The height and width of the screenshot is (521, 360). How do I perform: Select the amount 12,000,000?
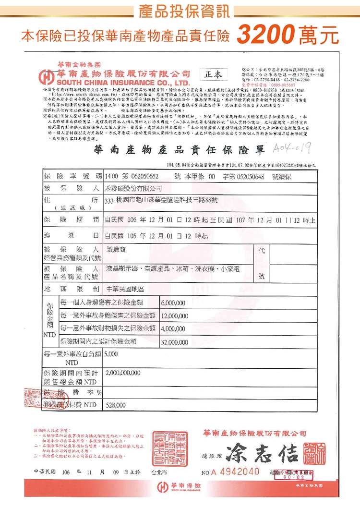click(x=175, y=316)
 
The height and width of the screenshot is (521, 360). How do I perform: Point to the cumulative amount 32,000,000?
click(x=175, y=342)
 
